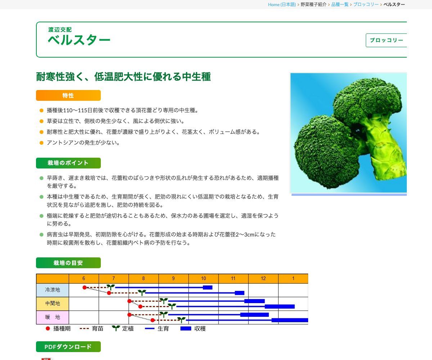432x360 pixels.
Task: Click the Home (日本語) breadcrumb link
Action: click(282, 4)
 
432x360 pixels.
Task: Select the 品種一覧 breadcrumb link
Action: click(339, 4)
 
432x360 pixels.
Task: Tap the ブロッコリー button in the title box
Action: click(386, 40)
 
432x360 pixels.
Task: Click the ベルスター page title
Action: click(79, 40)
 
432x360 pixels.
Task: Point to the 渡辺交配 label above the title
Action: click(60, 30)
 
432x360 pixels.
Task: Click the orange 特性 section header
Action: click(68, 95)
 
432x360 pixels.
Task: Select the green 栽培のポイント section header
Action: click(68, 163)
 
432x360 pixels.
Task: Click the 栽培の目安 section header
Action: click(68, 263)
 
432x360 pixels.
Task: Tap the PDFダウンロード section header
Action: click(68, 347)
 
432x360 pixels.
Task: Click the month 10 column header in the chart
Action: click(203, 279)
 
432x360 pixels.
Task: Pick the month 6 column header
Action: click(84, 279)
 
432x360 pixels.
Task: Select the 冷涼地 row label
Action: click(53, 290)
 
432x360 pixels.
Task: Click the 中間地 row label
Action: click(53, 303)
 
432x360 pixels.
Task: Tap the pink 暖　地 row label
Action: click(53, 317)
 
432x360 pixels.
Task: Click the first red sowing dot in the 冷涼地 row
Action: click(85, 287)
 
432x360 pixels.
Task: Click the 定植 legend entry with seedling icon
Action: click(123, 329)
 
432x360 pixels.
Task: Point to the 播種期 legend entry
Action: click(58, 329)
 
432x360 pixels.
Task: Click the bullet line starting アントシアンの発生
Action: click(83, 143)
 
